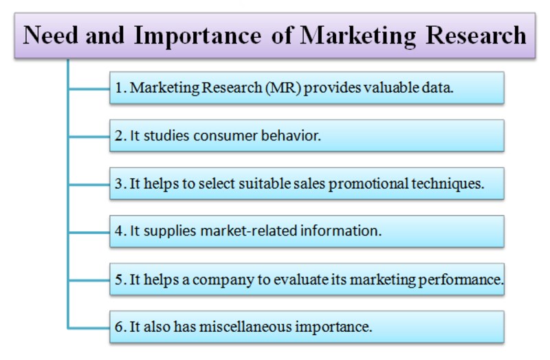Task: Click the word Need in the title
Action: [x=50, y=35]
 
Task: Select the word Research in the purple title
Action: [x=476, y=35]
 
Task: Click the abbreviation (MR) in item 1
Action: [x=283, y=88]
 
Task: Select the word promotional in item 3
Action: [x=368, y=184]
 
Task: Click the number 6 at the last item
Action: [x=118, y=328]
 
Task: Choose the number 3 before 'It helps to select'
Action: [x=118, y=184]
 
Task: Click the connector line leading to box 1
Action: [x=89, y=89]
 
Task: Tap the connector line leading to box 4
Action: [x=89, y=232]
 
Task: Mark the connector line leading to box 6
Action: [x=89, y=328]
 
